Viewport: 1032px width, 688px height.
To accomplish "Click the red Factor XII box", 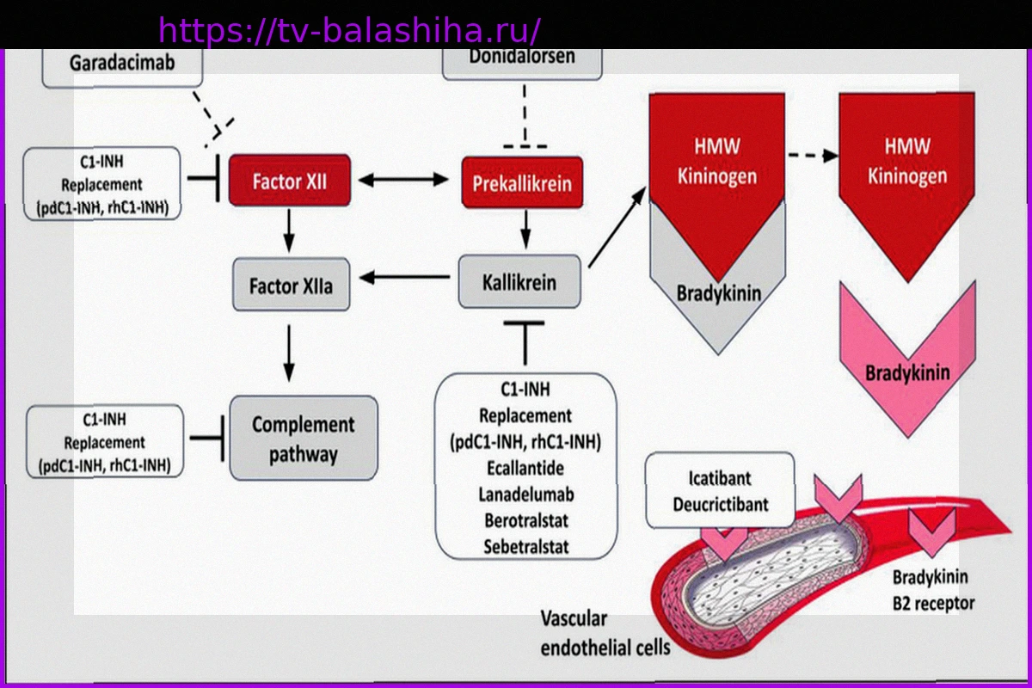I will [290, 181].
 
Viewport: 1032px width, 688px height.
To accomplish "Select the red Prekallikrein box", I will [521, 182].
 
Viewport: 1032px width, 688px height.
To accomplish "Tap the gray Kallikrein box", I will [519, 282].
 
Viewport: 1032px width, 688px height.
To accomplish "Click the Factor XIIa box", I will [291, 285].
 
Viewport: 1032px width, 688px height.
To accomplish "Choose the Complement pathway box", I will [303, 438].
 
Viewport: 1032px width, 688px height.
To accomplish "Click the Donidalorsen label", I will [521, 58].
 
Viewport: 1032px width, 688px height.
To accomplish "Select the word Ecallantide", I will [525, 469].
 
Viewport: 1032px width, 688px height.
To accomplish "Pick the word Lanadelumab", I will [525, 494].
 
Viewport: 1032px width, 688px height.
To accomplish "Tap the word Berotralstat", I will [525, 520].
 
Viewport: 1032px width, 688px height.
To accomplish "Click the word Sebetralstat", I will [525, 546].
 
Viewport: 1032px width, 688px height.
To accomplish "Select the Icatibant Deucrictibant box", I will [720, 491].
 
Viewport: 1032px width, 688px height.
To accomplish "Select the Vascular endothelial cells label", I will [604, 633].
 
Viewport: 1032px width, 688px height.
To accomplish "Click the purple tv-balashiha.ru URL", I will [349, 31].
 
